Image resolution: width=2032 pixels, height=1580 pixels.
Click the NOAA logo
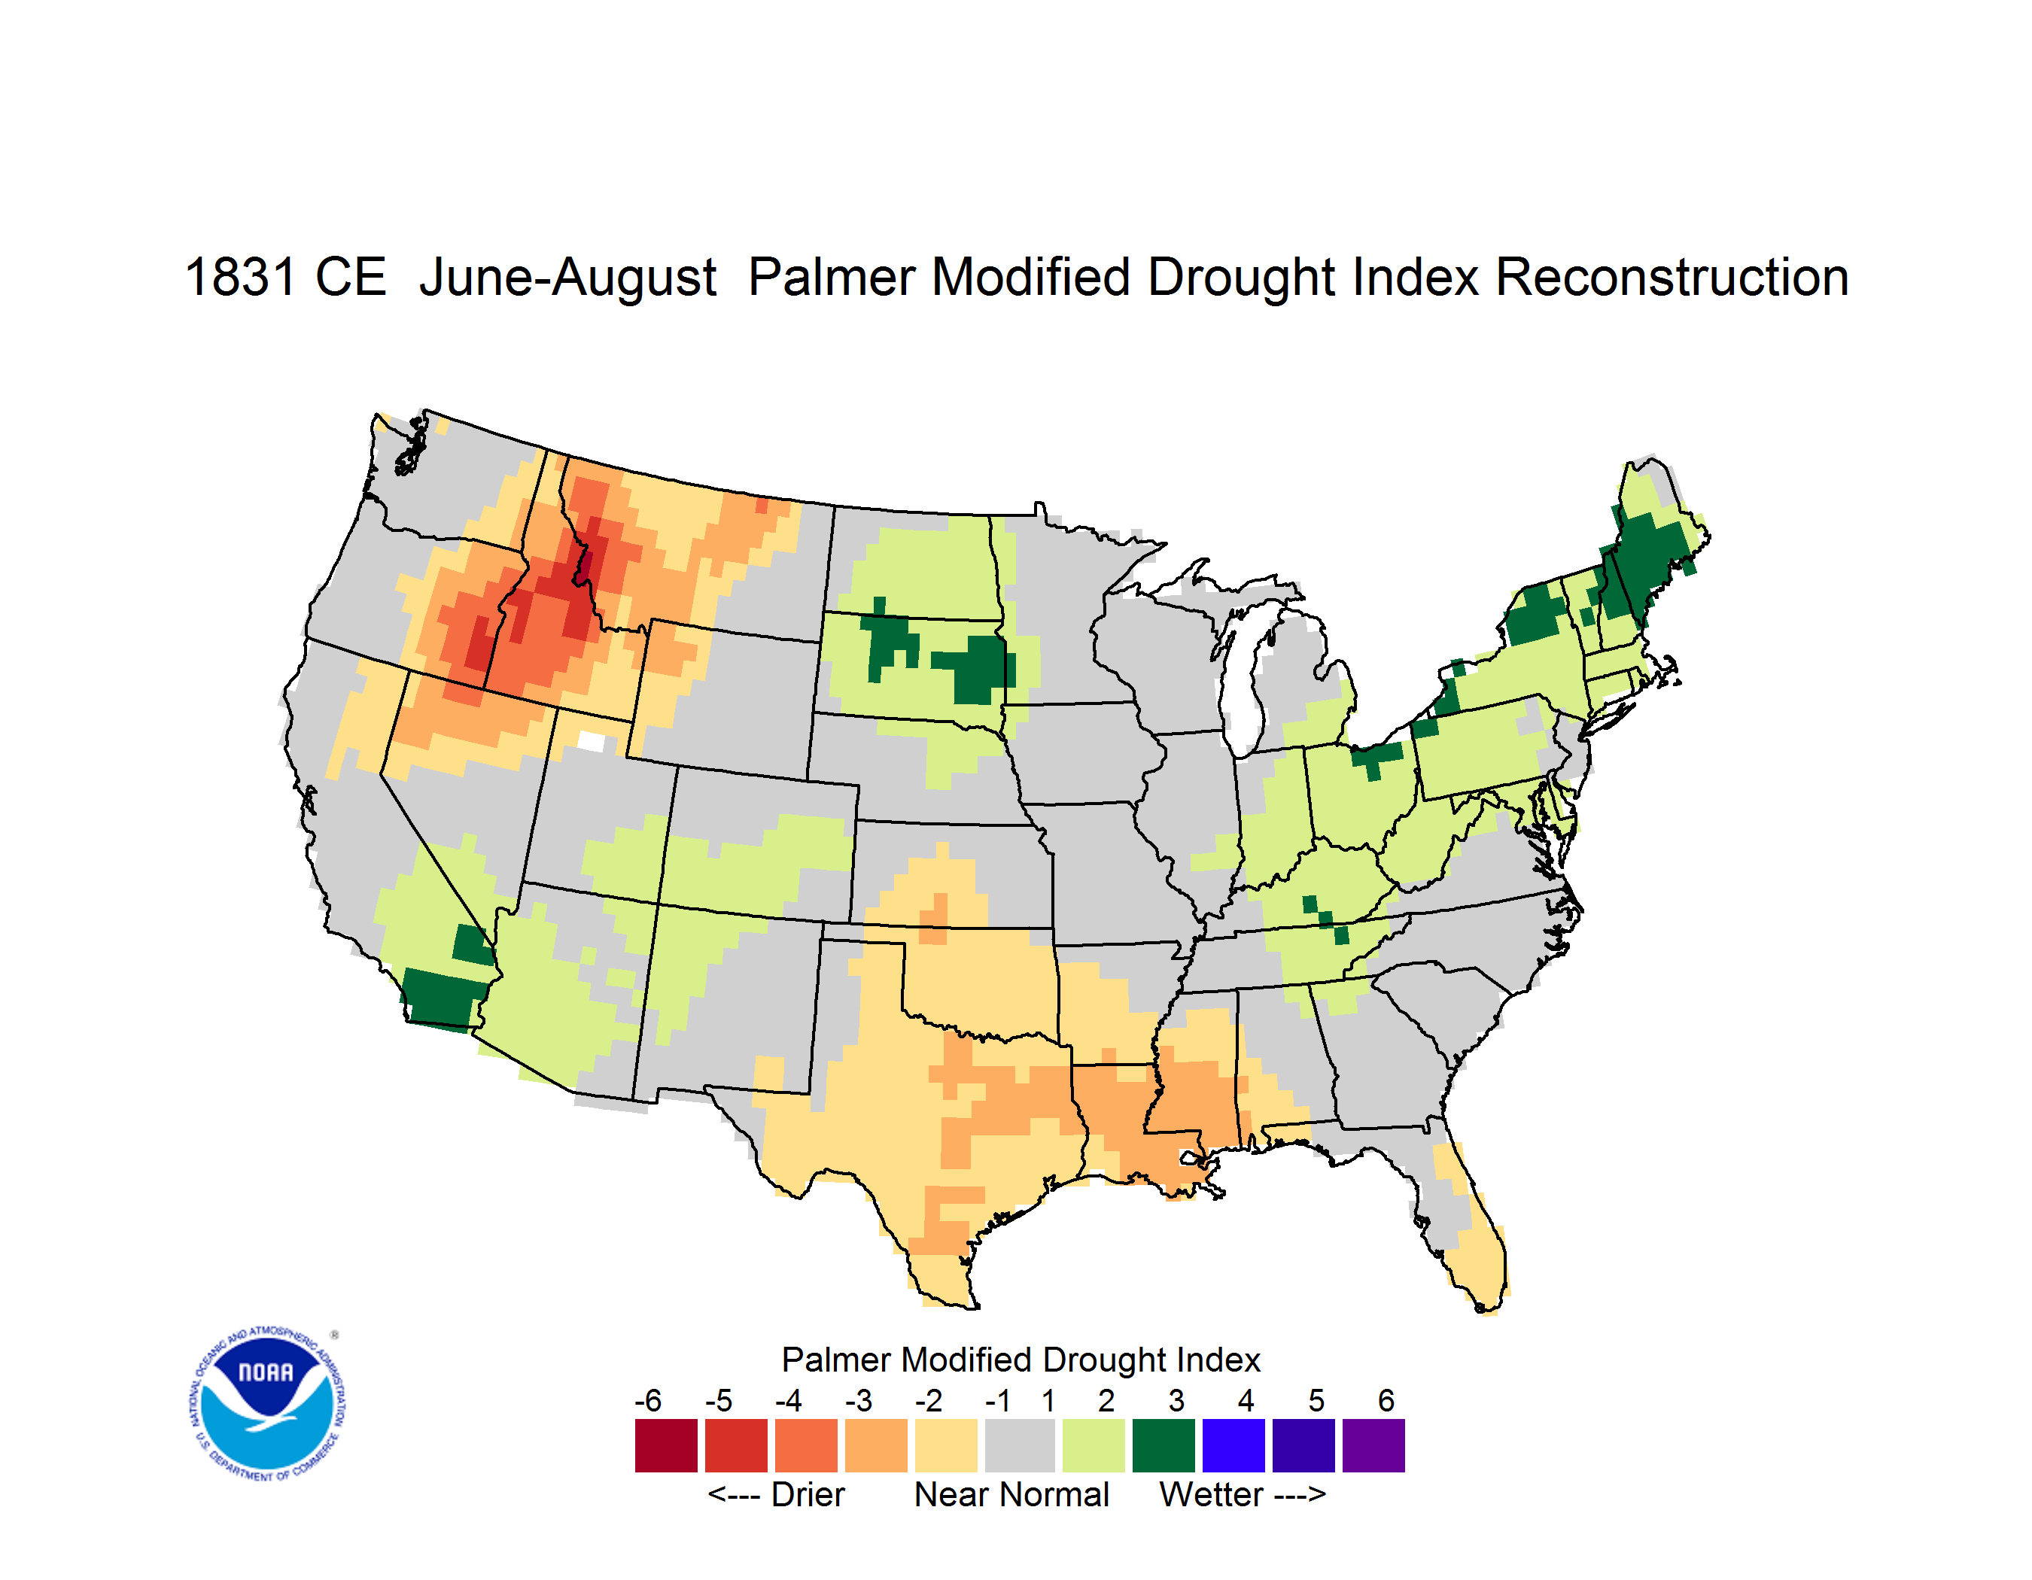[x=267, y=1403]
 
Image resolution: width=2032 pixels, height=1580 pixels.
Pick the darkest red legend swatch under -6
[x=666, y=1445]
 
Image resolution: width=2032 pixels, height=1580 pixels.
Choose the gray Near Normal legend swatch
[x=1019, y=1445]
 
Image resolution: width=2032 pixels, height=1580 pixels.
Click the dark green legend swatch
[x=1163, y=1445]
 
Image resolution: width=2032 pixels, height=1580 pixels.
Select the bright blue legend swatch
[x=1233, y=1445]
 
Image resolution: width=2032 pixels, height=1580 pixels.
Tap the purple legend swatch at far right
[x=1373, y=1445]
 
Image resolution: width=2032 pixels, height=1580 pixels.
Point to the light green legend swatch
[x=1094, y=1445]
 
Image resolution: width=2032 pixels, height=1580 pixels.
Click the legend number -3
[x=858, y=1399]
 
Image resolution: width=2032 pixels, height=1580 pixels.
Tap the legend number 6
[x=1386, y=1399]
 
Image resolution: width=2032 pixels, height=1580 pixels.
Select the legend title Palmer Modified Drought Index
[x=1021, y=1360]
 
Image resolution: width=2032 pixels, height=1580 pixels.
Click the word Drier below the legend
[x=808, y=1494]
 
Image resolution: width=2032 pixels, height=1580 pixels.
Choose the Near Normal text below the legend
[x=1011, y=1494]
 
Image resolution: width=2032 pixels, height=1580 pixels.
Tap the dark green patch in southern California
[x=443, y=998]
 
